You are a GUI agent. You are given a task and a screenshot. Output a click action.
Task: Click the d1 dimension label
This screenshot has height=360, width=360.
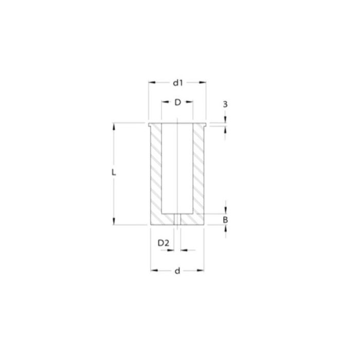[177, 82]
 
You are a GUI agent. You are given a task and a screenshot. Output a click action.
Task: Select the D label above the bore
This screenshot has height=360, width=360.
[177, 102]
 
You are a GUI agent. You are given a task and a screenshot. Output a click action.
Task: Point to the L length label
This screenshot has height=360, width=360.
[115, 173]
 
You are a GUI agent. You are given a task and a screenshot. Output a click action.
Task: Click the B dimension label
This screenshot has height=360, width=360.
[226, 220]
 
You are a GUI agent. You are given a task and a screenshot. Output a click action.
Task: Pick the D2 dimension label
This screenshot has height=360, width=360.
[163, 242]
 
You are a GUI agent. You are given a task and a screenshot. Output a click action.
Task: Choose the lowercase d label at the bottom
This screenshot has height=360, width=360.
[177, 271]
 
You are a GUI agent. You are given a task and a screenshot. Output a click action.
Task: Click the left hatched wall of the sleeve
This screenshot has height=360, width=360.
[156, 170]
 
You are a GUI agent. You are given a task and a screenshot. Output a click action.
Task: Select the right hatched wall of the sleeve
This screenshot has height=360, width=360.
[199, 170]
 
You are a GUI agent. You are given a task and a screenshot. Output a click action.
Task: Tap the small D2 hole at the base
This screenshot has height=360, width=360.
[177, 220]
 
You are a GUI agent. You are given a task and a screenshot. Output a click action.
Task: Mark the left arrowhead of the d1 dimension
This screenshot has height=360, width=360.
[151, 82]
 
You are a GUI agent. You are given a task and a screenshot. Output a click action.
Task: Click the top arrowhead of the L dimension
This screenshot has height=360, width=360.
[115, 125]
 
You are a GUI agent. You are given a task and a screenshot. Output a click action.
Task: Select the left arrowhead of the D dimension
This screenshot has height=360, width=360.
[164, 102]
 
